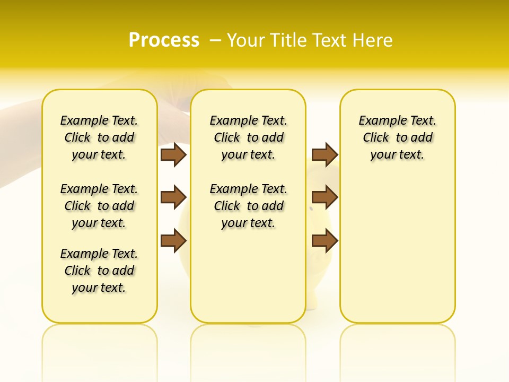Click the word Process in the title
[x=164, y=40]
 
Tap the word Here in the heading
[x=373, y=40]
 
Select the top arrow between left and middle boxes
[x=173, y=154]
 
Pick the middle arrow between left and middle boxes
[x=173, y=197]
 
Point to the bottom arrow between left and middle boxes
[x=173, y=240]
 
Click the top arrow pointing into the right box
[x=324, y=154]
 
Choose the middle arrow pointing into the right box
[x=324, y=197]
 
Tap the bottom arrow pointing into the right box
[x=324, y=240]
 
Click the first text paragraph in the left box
[x=99, y=137]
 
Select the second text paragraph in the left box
[x=99, y=206]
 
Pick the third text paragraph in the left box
[x=99, y=271]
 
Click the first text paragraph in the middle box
[x=248, y=137]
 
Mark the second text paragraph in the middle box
[x=248, y=206]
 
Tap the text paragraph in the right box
[x=397, y=137]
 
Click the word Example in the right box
[x=379, y=121]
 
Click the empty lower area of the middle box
[x=248, y=276]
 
